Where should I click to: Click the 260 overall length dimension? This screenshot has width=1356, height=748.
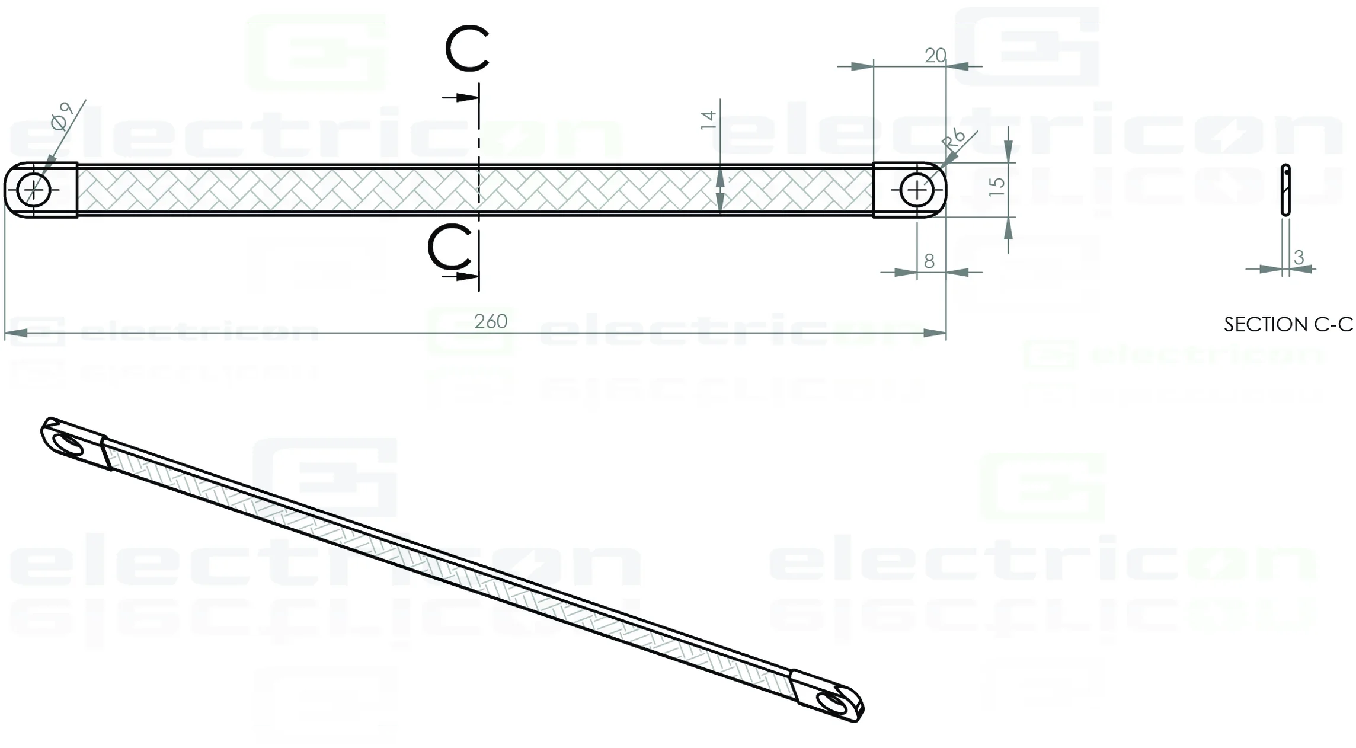(491, 321)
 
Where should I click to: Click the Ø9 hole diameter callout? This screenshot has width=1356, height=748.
(62, 116)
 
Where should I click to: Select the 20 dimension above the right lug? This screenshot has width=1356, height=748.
(935, 56)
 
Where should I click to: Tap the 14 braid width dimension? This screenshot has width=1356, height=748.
(708, 120)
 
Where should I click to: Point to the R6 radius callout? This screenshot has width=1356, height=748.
(954, 140)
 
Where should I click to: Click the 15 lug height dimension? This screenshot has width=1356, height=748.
(997, 187)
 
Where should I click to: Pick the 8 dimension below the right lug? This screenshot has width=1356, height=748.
(929, 261)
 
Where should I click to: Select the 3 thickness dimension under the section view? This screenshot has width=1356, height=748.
(1299, 257)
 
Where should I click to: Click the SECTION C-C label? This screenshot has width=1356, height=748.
(1288, 324)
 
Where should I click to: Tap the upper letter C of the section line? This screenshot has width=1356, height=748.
(467, 49)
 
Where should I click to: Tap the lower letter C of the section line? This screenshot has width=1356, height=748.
(450, 247)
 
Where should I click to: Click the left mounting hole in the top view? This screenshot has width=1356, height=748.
(34, 190)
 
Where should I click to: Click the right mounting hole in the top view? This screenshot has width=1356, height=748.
(917, 190)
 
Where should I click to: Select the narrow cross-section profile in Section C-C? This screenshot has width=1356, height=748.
(1285, 190)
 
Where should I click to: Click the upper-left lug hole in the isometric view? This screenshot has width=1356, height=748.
(68, 444)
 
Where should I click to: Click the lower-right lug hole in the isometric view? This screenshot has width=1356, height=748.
(831, 702)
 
